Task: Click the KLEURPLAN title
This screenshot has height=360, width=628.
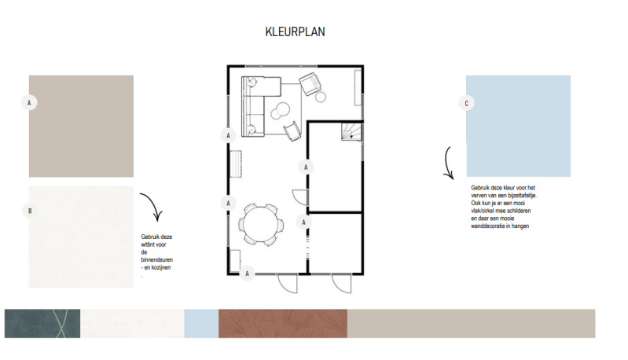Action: tap(296, 31)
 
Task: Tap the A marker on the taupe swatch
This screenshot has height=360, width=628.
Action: tap(29, 103)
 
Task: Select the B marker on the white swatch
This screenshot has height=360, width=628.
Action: tap(30, 211)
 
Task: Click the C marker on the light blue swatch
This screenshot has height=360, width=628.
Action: tap(466, 103)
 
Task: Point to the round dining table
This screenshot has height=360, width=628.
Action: tap(261, 224)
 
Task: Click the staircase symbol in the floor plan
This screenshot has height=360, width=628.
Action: tap(351, 131)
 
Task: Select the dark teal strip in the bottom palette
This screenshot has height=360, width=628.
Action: tap(42, 324)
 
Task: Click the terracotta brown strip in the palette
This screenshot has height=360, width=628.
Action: tap(283, 324)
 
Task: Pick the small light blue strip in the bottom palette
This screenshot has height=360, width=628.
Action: tap(201, 324)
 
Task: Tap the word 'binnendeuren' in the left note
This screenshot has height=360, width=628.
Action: tap(157, 260)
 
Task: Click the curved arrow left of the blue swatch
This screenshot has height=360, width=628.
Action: tap(446, 163)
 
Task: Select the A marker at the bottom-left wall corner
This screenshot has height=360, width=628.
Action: tap(247, 274)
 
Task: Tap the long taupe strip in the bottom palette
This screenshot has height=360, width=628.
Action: tap(471, 324)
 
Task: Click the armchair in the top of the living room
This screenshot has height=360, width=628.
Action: tap(310, 83)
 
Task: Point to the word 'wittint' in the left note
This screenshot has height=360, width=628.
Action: tap(148, 244)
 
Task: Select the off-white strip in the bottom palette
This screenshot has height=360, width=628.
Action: tap(132, 324)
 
